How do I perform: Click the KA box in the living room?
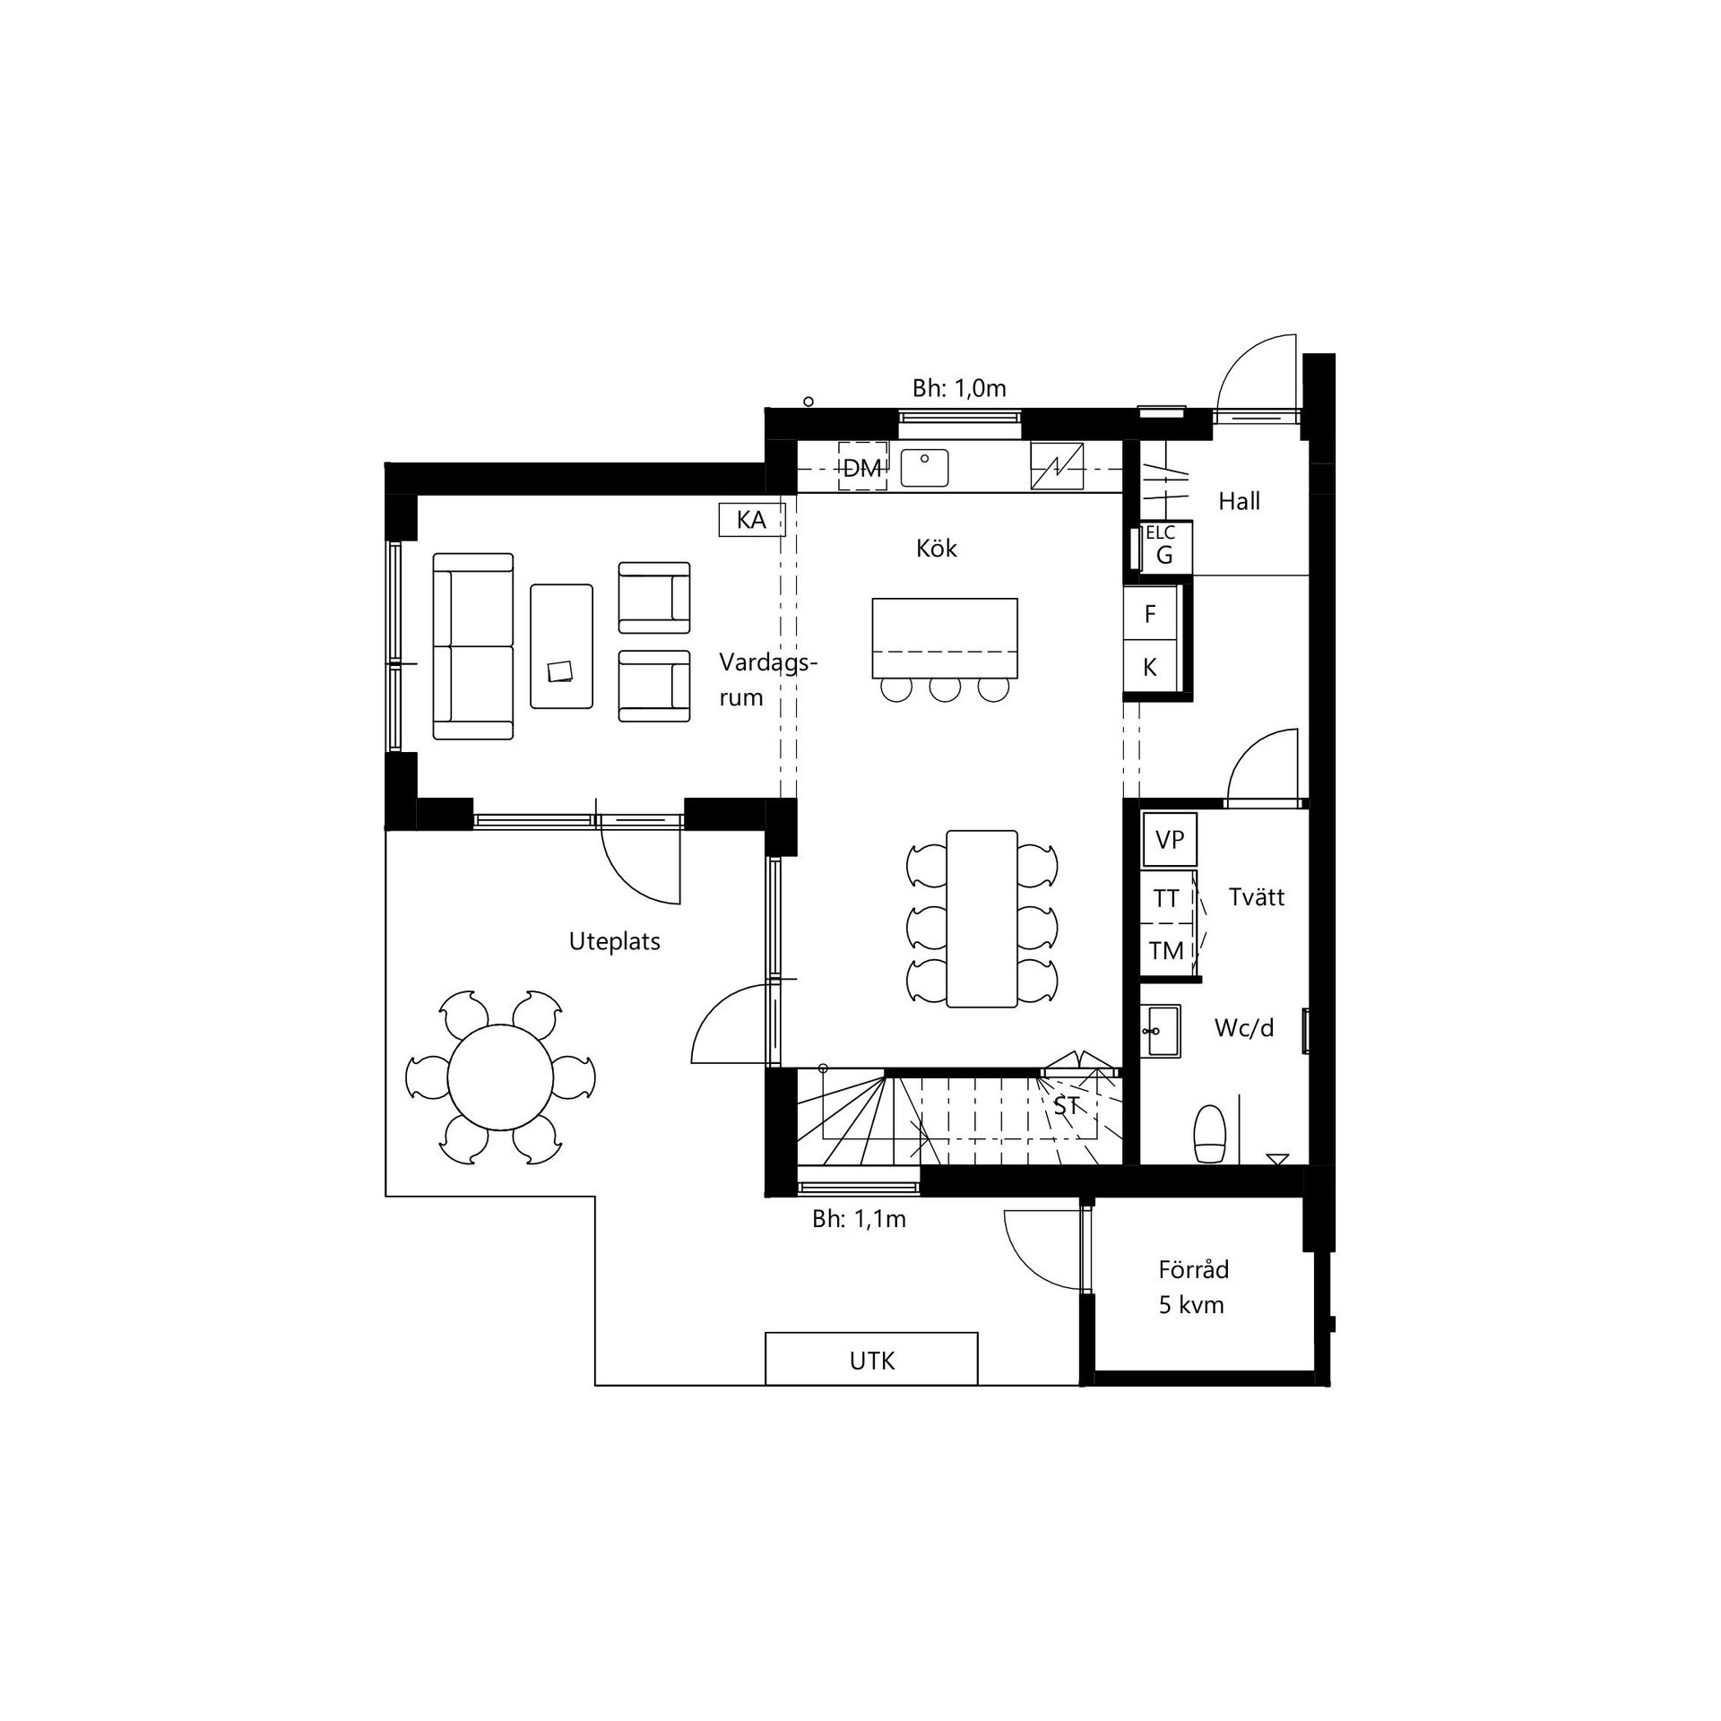[x=751, y=519]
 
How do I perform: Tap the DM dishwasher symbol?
[x=862, y=466]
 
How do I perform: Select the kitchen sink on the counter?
[x=924, y=466]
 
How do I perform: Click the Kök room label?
[x=937, y=548]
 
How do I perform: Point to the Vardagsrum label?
[x=768, y=680]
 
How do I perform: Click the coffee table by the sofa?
[x=561, y=646]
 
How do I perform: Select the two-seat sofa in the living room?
[x=473, y=646]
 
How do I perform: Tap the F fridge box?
[x=1150, y=613]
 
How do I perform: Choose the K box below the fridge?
[x=1150, y=667]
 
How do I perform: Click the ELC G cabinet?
[x=1163, y=547]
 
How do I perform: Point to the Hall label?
[x=1239, y=501]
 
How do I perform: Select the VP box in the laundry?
[x=1170, y=840]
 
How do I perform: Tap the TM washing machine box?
[x=1167, y=950]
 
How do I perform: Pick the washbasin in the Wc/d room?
[x=1162, y=1031]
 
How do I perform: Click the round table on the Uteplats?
[x=500, y=1078]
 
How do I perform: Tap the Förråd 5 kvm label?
[x=1192, y=1287]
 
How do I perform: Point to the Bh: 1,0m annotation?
[x=959, y=388]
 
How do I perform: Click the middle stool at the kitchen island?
[x=944, y=689]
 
